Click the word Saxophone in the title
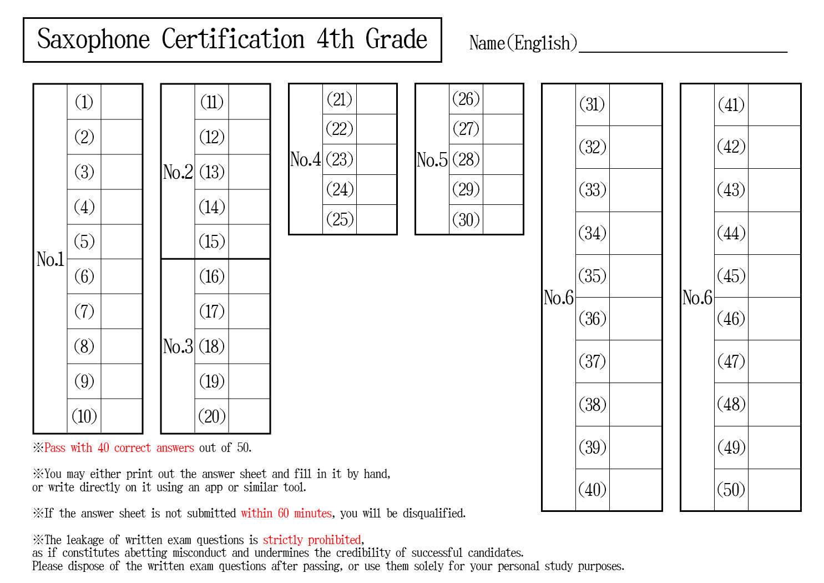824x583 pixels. [x=93, y=39]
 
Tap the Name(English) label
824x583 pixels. [x=523, y=43]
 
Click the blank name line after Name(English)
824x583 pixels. [x=683, y=52]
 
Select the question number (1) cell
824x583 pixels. [x=84, y=102]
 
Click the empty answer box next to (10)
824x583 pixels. [x=122, y=416]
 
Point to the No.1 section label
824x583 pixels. [x=50, y=259]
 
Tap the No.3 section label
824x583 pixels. [x=178, y=346]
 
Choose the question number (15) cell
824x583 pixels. [x=211, y=242]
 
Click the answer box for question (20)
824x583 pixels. [x=249, y=416]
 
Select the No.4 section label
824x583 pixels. [x=305, y=159]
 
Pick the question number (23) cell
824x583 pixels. [x=340, y=159]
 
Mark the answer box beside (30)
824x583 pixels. [x=503, y=219]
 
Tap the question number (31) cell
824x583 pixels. [x=592, y=105]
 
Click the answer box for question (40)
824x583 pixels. [x=635, y=490]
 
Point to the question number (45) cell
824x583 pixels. [x=731, y=276]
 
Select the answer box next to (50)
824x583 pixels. [x=774, y=490]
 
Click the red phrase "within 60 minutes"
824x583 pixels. [x=286, y=513]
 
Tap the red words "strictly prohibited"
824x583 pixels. [x=312, y=540]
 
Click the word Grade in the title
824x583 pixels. [x=396, y=39]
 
